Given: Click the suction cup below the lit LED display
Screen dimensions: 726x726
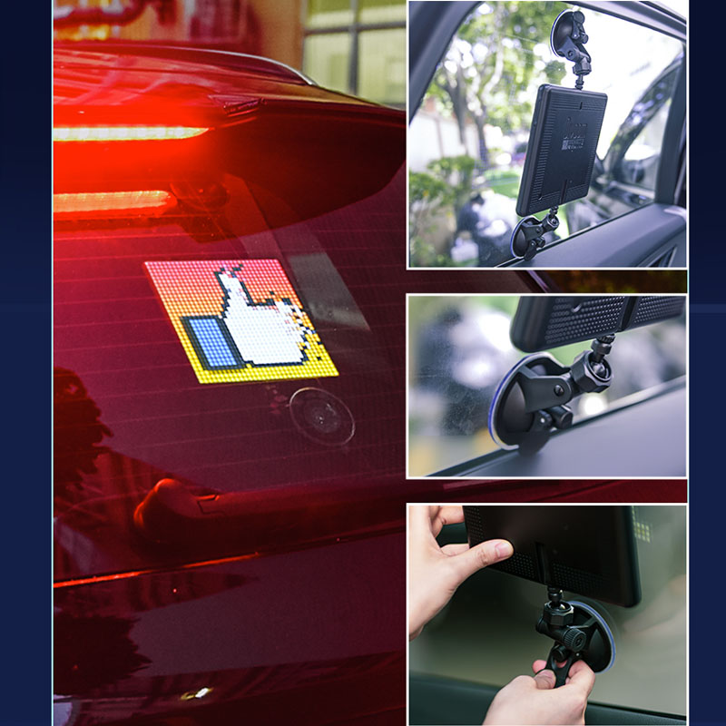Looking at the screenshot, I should pyautogui.click(x=321, y=415).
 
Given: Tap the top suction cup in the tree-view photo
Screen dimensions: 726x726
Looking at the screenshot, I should pyautogui.click(x=571, y=33).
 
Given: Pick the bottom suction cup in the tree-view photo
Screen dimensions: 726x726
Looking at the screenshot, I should pyautogui.click(x=532, y=238).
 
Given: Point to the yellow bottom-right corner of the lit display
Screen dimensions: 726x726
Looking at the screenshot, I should pyautogui.click(x=322, y=368).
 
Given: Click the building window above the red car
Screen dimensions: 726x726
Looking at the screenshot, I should pyautogui.click(x=354, y=54).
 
